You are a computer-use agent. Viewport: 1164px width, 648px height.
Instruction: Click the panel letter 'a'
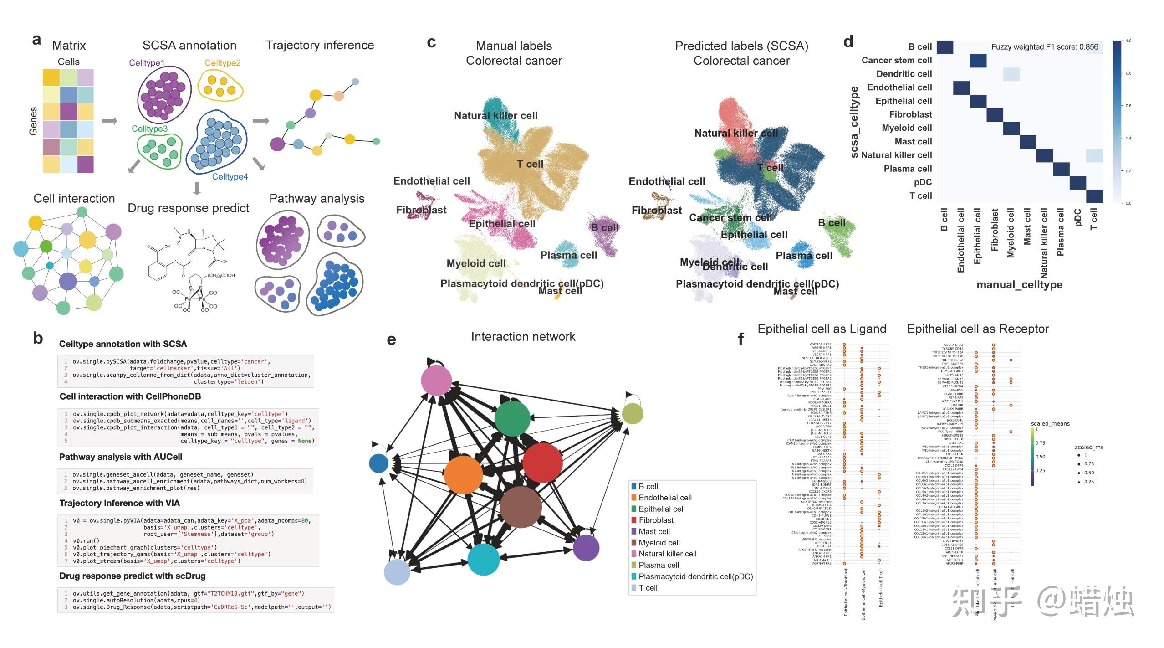pos(36,40)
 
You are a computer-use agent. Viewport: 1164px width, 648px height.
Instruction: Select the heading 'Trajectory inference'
pos(320,45)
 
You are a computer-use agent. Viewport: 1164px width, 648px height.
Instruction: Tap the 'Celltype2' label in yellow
pos(222,63)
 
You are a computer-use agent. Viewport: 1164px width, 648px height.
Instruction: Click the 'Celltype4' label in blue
pos(230,177)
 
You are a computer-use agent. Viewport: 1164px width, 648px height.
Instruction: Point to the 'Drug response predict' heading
pos(188,208)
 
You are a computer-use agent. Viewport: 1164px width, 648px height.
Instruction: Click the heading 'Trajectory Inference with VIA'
pos(119,503)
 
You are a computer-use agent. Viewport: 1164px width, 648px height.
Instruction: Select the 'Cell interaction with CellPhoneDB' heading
pos(130,396)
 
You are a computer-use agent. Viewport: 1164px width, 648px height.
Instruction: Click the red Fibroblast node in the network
pos(542,462)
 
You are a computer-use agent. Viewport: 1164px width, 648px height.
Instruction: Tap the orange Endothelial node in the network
pos(463,474)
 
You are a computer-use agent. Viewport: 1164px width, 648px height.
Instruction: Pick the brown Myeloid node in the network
pos(521,507)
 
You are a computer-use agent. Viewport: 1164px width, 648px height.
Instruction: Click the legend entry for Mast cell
pos(654,531)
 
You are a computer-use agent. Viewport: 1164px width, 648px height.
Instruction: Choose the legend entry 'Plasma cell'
pos(659,565)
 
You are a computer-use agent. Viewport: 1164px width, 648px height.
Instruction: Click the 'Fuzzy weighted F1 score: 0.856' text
pos(1044,47)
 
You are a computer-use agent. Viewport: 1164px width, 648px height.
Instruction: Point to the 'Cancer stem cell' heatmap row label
pos(896,61)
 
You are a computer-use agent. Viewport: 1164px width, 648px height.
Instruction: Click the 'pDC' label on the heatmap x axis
pos(1077,218)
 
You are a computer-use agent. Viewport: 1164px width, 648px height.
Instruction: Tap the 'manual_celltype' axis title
pos(1019,285)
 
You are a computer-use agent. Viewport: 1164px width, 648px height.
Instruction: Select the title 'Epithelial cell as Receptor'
pos(978,329)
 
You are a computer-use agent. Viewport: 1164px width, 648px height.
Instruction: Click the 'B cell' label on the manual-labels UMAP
pos(604,227)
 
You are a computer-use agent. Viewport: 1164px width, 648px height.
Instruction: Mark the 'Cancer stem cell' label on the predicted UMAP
pos(730,218)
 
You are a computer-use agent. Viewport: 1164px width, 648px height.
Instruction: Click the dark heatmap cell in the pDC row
pos(1077,183)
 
